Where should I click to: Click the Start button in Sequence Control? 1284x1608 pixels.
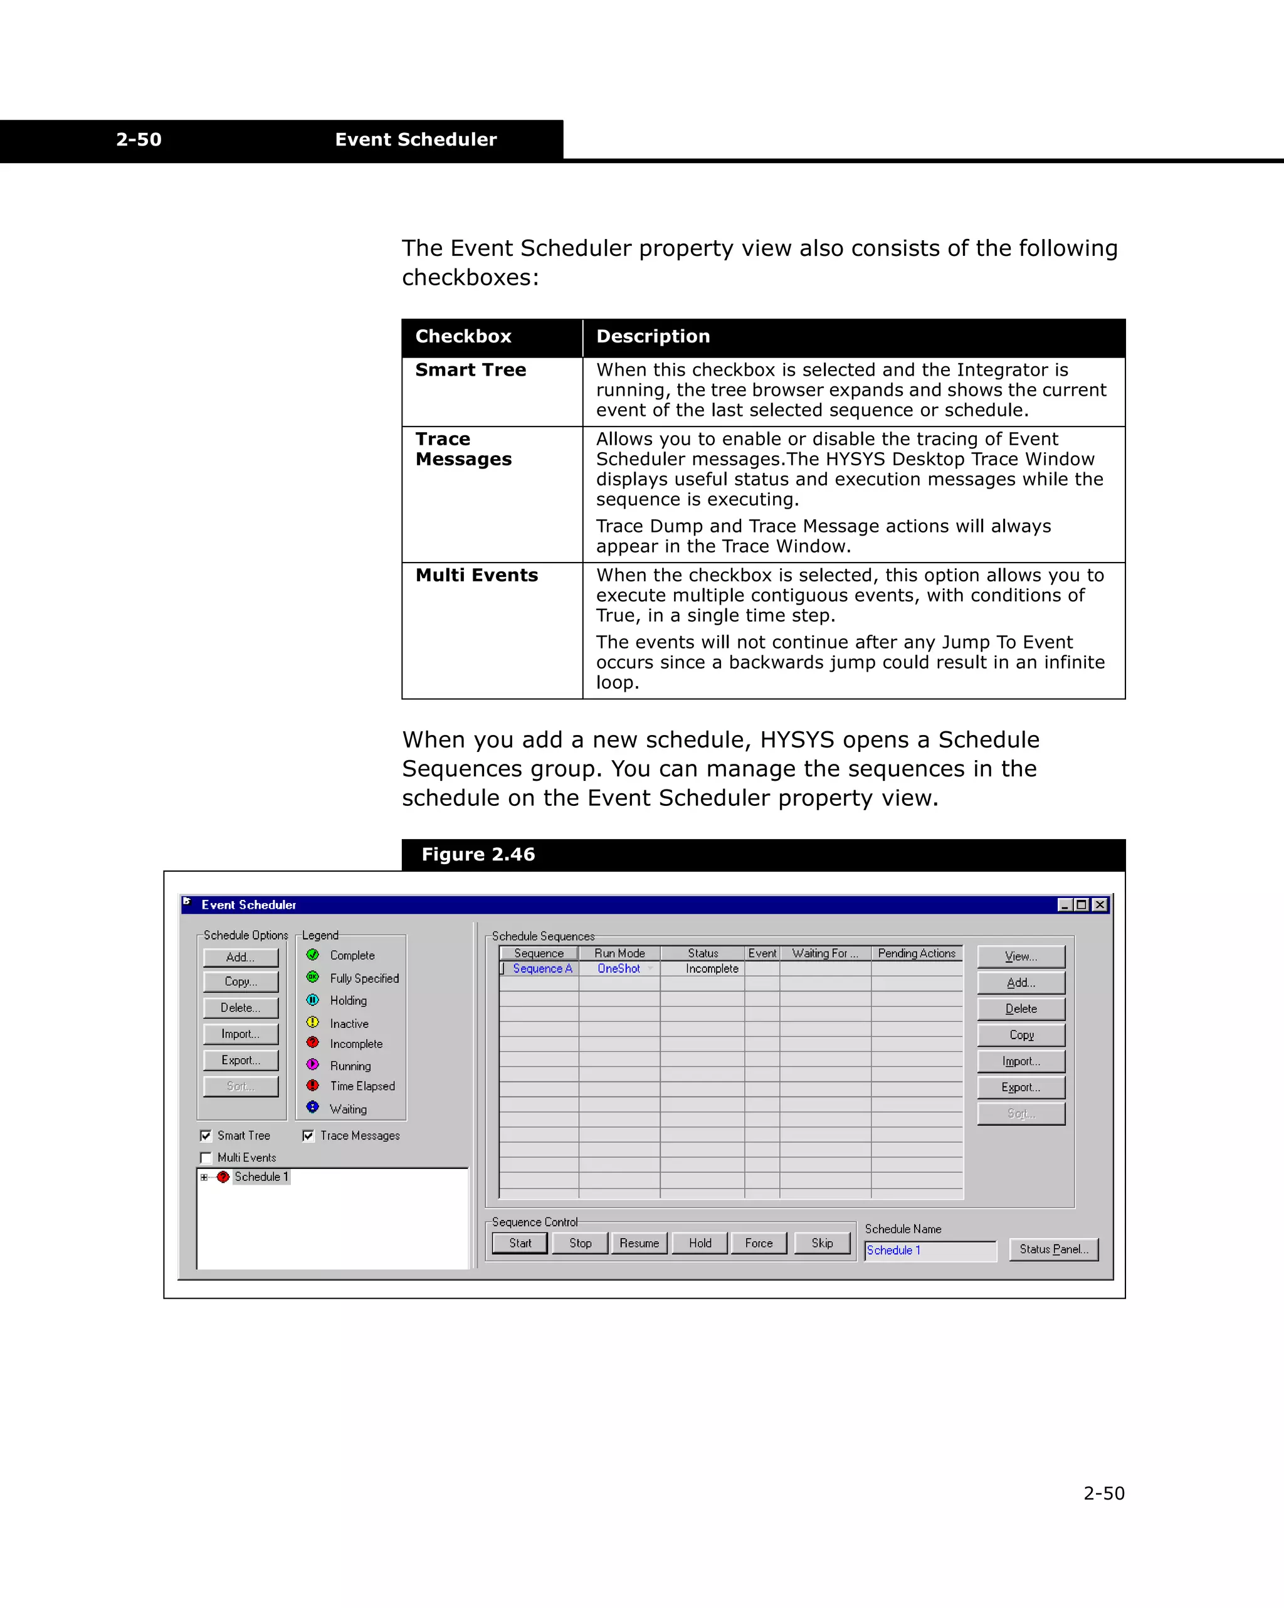520,1243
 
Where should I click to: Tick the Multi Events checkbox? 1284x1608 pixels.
206,1158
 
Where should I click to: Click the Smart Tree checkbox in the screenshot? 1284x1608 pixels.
206,1135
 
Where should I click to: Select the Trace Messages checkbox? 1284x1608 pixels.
308,1135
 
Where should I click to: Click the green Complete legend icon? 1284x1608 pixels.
312,955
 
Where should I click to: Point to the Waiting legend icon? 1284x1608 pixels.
312,1108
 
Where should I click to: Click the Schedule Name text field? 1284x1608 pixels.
929,1251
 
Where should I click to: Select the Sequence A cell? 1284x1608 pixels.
542,969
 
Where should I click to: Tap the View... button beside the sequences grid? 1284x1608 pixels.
1020,956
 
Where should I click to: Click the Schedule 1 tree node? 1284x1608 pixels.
260,1177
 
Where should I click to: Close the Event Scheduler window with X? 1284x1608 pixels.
1100,905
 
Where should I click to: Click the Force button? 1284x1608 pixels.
759,1243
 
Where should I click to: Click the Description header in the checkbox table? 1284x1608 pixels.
653,336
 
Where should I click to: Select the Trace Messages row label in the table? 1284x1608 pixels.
463,449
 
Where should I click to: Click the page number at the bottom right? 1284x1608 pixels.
1103,1493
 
